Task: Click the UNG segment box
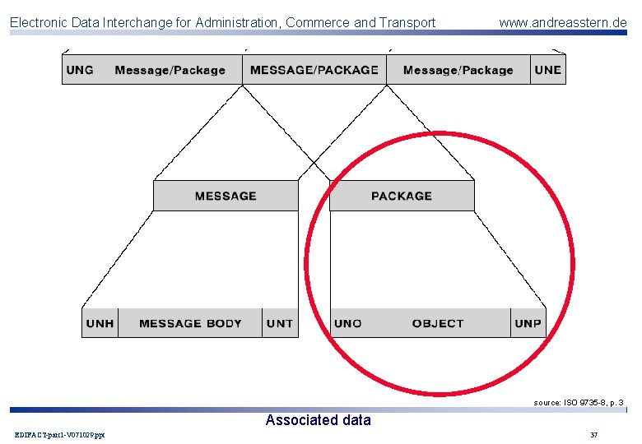coord(80,70)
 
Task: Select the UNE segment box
coord(547,70)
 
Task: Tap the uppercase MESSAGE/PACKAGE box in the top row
coord(314,70)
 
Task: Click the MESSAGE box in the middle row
coord(226,196)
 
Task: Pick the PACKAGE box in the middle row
coord(402,196)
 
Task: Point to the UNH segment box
coord(100,323)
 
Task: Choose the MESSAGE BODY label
coord(190,323)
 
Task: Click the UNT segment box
coord(280,323)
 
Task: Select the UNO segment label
coord(348,323)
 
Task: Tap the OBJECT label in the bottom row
coord(438,323)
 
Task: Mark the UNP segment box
coord(528,323)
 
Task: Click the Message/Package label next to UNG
coord(170,70)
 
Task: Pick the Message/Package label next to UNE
coord(458,70)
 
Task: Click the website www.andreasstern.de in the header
coord(562,22)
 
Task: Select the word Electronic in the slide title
coord(39,22)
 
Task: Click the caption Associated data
coord(318,420)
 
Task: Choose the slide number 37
coord(594,434)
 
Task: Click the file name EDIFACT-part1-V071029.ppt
coord(59,434)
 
